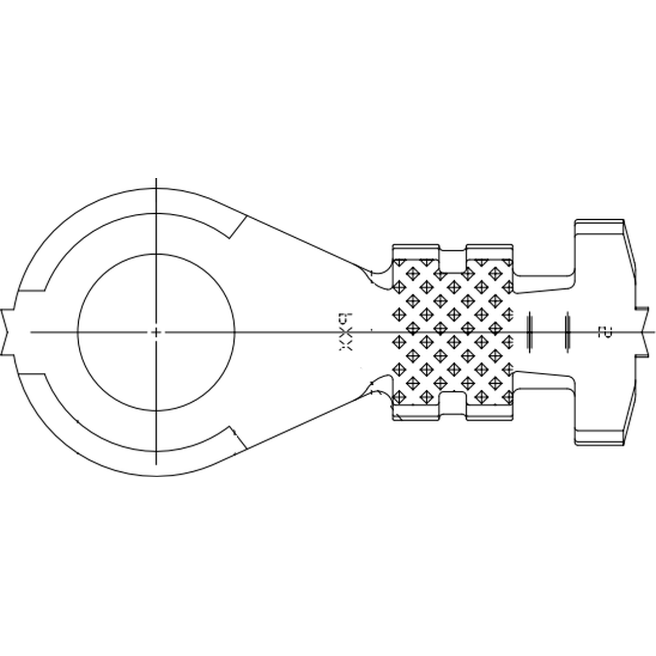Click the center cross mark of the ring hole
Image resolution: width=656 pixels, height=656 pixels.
pyautogui.click(x=156, y=332)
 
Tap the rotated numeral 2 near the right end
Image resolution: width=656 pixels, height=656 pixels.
pyautogui.click(x=605, y=332)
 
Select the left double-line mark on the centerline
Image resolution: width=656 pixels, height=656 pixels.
pyautogui.click(x=529, y=332)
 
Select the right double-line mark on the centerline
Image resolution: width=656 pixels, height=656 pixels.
pyautogui.click(x=568, y=332)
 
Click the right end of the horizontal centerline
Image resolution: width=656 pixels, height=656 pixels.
pyautogui.click(x=653, y=332)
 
